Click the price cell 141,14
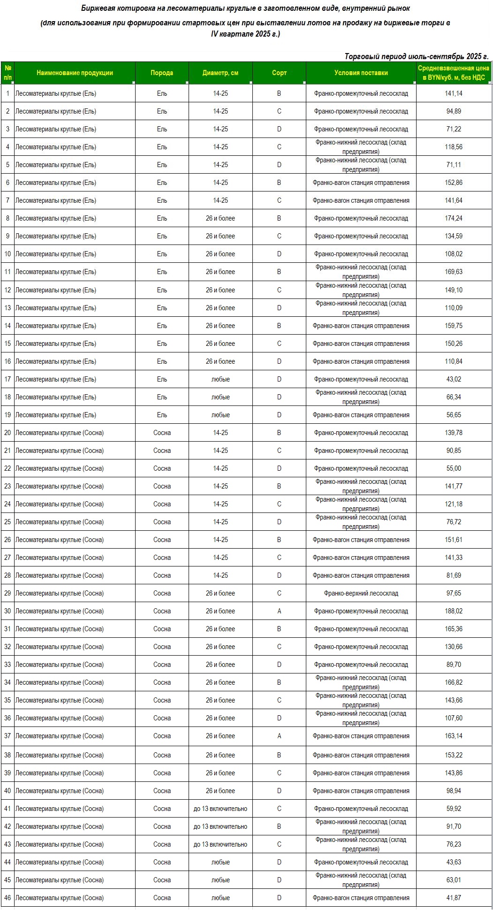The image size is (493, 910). click(x=454, y=93)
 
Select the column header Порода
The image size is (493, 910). click(x=162, y=73)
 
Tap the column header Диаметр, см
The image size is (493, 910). click(x=220, y=73)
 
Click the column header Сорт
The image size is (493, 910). click(x=279, y=73)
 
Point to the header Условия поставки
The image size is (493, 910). click(x=361, y=73)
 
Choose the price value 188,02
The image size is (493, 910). click(x=454, y=611)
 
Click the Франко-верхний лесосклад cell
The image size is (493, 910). click(x=361, y=593)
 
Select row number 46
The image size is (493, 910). click(x=8, y=898)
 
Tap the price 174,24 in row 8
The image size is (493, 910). click(x=454, y=218)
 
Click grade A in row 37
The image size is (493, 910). click(x=279, y=736)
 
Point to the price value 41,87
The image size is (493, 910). click(x=454, y=898)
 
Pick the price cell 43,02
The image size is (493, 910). click(x=454, y=379)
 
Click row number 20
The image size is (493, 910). click(x=8, y=433)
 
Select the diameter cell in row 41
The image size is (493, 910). click(x=220, y=809)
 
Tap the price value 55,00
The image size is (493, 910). click(x=454, y=468)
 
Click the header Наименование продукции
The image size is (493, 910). click(x=75, y=73)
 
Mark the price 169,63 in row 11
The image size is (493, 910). click(x=454, y=272)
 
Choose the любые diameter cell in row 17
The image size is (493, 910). click(x=220, y=379)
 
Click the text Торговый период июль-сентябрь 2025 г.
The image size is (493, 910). click(x=417, y=56)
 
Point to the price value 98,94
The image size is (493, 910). click(x=454, y=791)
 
